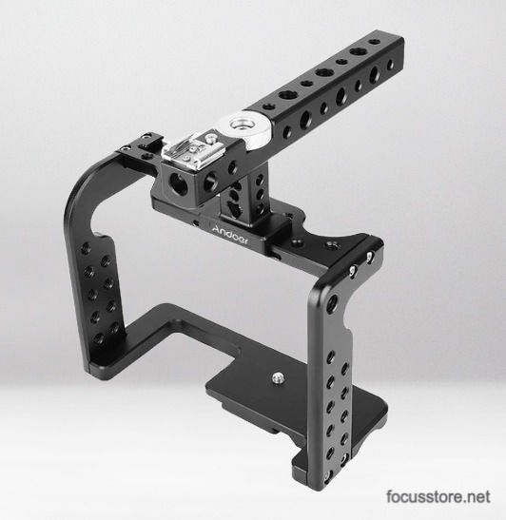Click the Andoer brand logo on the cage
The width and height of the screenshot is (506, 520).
[x=229, y=235]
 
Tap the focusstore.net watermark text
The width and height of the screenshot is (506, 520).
[x=438, y=496]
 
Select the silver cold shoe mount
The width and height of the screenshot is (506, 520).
[x=189, y=149]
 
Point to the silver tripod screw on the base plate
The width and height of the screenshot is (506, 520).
[x=277, y=377]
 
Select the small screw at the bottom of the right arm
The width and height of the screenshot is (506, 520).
[x=328, y=475]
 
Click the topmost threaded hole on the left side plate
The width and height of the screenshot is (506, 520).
[x=86, y=248]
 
